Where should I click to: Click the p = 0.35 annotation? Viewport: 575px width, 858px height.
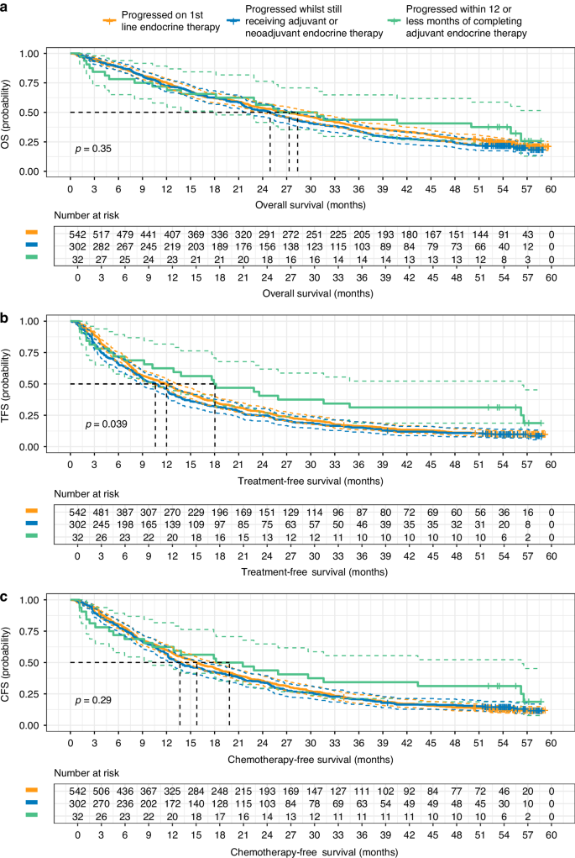[92, 149]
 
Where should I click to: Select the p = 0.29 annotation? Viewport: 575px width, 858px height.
[92, 699]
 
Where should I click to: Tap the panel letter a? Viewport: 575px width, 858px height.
[6, 8]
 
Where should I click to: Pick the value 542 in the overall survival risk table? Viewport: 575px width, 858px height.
[77, 230]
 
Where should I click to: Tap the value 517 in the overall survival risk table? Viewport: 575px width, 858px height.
[102, 230]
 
